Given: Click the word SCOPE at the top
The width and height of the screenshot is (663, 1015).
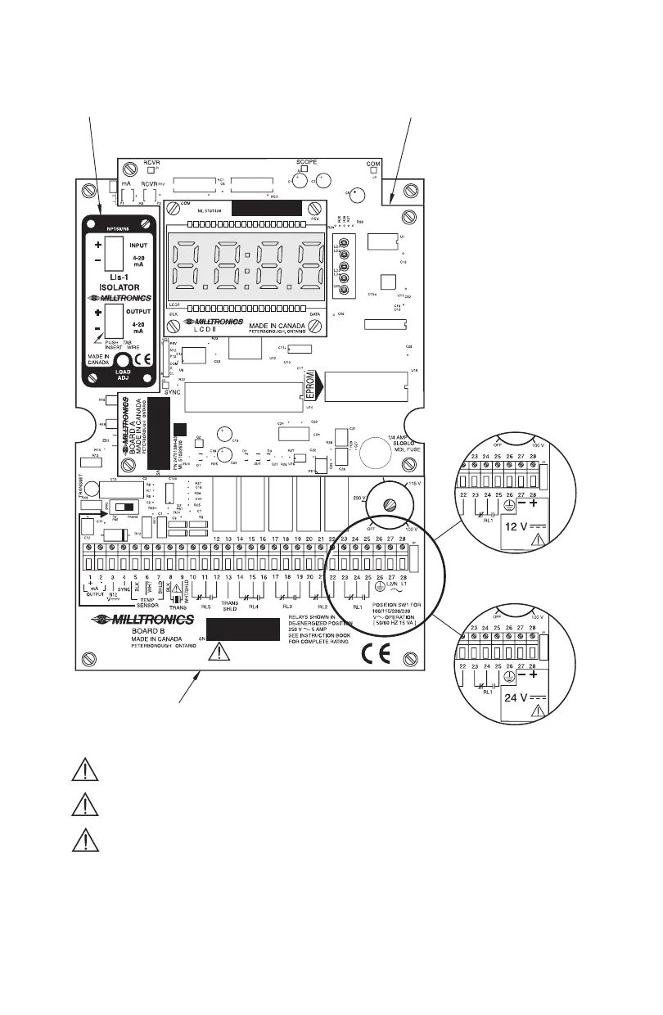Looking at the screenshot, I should (307, 162).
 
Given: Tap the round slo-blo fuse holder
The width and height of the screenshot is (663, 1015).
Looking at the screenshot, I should (380, 451).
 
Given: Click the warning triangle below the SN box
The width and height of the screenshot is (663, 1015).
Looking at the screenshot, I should (219, 652).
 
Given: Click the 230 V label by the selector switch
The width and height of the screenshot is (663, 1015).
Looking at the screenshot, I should (358, 498).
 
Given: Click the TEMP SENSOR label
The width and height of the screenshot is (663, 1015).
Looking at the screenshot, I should (146, 604).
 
